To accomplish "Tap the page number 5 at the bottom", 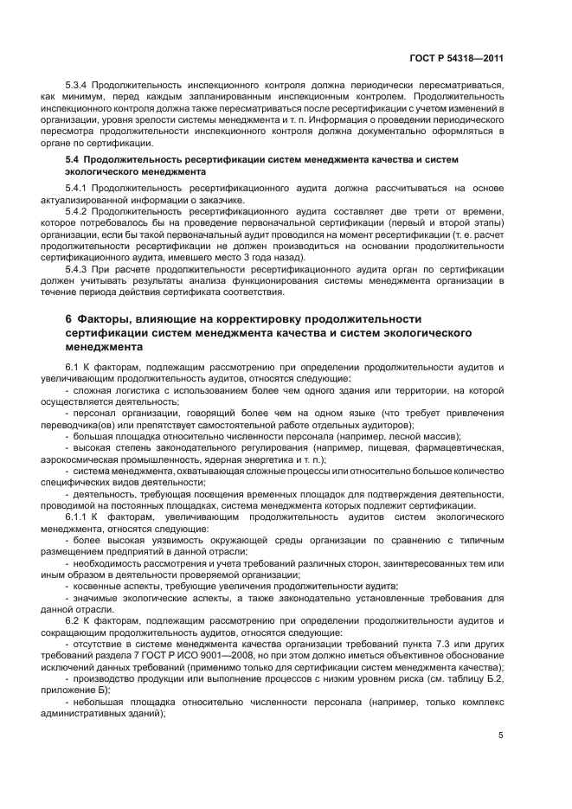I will (501, 736).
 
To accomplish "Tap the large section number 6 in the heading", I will (68, 318).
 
